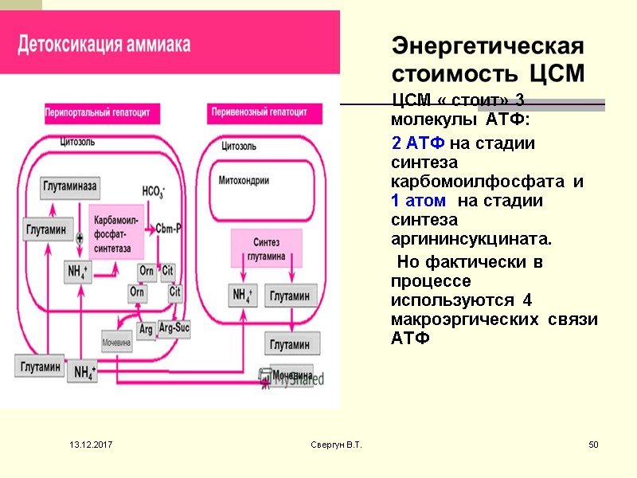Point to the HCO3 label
(x=154, y=191)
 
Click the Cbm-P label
(x=168, y=228)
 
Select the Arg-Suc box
(x=174, y=327)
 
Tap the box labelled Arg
(x=146, y=329)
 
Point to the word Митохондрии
(x=244, y=181)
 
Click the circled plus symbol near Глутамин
(x=80, y=238)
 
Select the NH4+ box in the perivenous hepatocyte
(x=243, y=296)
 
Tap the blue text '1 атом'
(x=418, y=201)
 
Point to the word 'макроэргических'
(x=451, y=319)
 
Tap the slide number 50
(x=593, y=443)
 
